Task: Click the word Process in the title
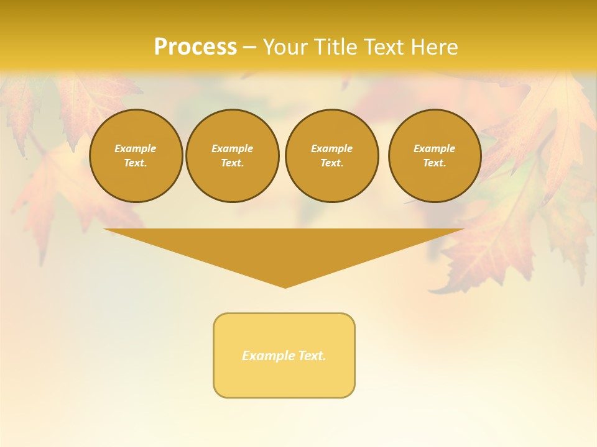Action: pyautogui.click(x=195, y=47)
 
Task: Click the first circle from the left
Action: pyautogui.click(x=136, y=156)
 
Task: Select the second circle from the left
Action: pyautogui.click(x=232, y=156)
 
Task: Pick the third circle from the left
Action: pyautogui.click(x=331, y=156)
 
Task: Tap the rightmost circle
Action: pyautogui.click(x=434, y=156)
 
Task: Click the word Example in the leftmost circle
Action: pyautogui.click(x=136, y=148)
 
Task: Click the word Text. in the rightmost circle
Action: pyautogui.click(x=434, y=163)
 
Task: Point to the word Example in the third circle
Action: pyautogui.click(x=331, y=148)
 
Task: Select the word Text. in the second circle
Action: pyautogui.click(x=232, y=163)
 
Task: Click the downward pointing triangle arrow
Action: pyautogui.click(x=284, y=248)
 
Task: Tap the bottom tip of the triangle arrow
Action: pyautogui.click(x=285, y=286)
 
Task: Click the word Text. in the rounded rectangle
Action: pyautogui.click(x=312, y=356)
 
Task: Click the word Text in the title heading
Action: pyautogui.click(x=380, y=47)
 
